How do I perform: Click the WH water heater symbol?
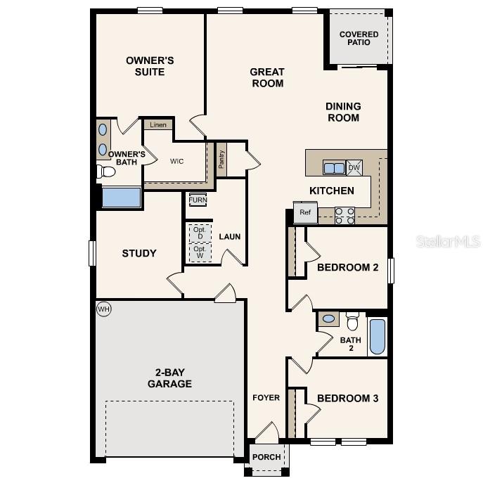point(104,309)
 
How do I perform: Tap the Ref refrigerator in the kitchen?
point(305,212)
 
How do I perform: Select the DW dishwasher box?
point(354,167)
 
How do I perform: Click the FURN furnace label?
point(198,200)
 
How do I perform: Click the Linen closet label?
point(158,124)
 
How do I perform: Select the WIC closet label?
point(176,161)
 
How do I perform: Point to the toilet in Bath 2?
point(353,321)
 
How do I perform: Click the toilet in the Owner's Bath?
point(106,172)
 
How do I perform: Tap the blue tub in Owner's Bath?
point(121,197)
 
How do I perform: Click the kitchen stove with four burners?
point(344,215)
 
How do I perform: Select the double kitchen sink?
point(334,167)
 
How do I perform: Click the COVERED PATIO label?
point(359,38)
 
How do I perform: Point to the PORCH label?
point(266,457)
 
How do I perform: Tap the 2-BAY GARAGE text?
point(169,378)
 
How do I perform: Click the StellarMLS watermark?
point(449,242)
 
